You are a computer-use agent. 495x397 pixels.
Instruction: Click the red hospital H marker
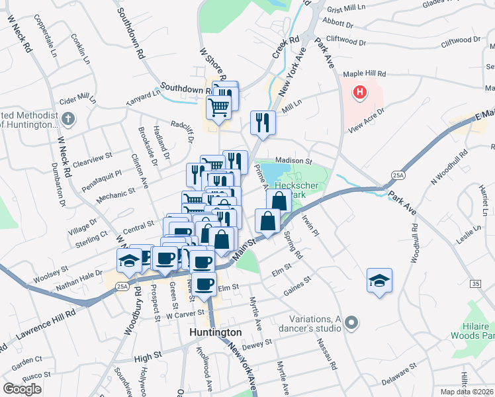click(x=359, y=93)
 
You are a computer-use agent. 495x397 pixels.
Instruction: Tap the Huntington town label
click(x=215, y=332)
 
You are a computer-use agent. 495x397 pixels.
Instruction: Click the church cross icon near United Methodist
click(x=68, y=119)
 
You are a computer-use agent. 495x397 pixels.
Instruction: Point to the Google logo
click(x=22, y=389)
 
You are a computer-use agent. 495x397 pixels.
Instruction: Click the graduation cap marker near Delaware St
click(x=380, y=282)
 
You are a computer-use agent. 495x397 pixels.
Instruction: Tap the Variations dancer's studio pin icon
click(x=351, y=323)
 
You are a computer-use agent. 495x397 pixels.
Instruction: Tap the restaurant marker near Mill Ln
click(x=263, y=123)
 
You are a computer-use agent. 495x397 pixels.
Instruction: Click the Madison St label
click(x=293, y=161)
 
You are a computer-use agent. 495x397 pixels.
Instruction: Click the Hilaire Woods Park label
click(x=477, y=331)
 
